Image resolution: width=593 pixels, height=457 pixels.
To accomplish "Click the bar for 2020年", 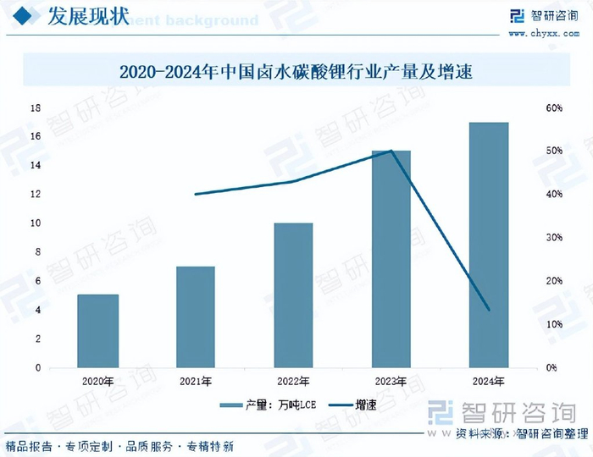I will [x=97, y=331].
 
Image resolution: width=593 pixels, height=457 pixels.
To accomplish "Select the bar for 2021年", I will [x=196, y=317].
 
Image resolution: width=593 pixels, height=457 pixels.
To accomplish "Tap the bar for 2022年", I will [x=293, y=295].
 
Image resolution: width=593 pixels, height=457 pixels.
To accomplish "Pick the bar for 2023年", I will [x=391, y=259].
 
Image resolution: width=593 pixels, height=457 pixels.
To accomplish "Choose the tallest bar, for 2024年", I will [x=489, y=245].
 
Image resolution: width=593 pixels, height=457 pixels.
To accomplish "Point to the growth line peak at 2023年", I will [x=391, y=151].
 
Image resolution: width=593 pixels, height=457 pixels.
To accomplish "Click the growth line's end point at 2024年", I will [x=489, y=310].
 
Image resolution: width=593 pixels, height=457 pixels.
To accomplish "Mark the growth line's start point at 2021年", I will [x=196, y=194].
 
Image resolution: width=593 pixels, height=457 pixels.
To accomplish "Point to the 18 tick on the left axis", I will [x=36, y=108].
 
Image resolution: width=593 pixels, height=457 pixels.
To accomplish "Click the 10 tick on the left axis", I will [x=36, y=223].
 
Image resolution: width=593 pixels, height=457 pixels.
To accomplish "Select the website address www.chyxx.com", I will [x=542, y=33].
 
